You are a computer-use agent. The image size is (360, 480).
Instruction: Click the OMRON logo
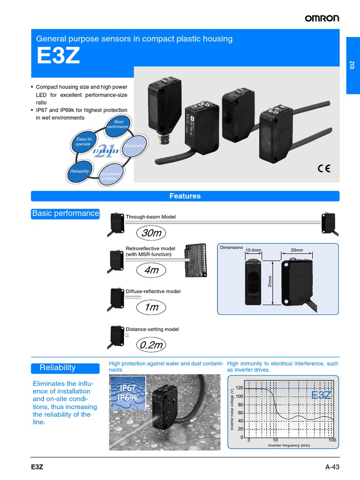(322, 18)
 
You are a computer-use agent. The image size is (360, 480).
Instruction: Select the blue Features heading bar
(185, 196)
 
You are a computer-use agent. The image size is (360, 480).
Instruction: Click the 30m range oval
(151, 233)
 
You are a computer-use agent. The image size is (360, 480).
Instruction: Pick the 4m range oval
(151, 270)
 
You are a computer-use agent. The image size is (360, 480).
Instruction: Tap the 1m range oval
(151, 307)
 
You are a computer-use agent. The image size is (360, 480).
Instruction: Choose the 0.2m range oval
(151, 345)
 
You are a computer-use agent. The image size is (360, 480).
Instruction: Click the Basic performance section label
(66, 214)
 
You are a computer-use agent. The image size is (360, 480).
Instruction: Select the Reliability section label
(58, 367)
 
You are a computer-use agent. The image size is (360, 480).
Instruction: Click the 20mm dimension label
(297, 250)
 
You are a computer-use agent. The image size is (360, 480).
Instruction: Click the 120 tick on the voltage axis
(240, 388)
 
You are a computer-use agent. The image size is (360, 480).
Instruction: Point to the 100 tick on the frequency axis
(332, 441)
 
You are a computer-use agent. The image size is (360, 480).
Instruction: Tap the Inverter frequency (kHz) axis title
(289, 445)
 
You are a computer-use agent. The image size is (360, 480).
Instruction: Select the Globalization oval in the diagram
(135, 146)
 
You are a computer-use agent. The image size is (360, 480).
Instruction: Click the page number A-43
(332, 467)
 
